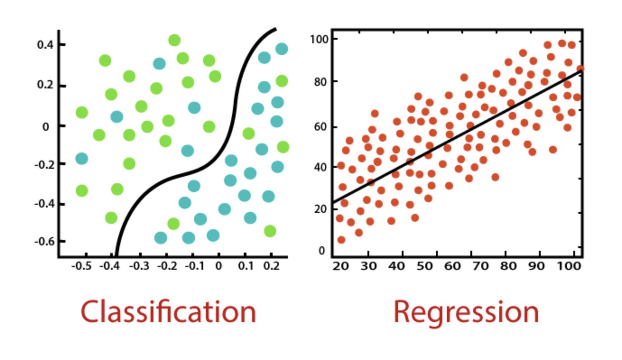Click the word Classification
168,312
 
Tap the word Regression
466,312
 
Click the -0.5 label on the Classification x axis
81,266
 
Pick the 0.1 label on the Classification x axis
246,266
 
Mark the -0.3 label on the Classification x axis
138,266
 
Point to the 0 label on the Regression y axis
321,250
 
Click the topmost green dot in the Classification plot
174,40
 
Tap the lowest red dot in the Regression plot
341,240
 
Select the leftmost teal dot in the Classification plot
81,158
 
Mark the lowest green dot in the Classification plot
270,231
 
